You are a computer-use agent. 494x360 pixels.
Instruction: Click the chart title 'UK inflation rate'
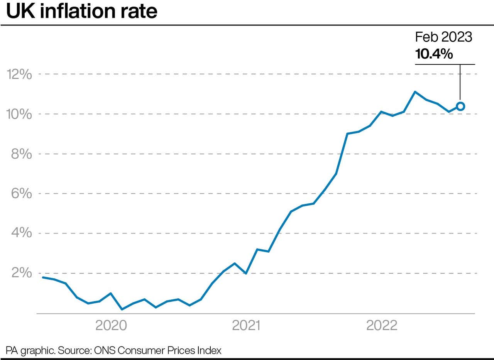click(x=82, y=12)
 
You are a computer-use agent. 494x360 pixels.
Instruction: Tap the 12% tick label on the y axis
click(x=19, y=74)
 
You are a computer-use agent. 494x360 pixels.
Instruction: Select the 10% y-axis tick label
click(x=19, y=114)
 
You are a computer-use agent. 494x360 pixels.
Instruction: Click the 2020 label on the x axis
click(x=111, y=326)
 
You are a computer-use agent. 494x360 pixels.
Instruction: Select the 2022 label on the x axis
click(x=382, y=326)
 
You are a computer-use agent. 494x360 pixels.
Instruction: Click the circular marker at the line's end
click(x=460, y=106)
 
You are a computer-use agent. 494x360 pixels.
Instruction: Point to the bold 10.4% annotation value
click(x=434, y=54)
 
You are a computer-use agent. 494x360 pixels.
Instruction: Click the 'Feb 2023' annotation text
click(x=443, y=37)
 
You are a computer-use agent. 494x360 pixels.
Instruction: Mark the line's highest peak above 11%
click(x=415, y=92)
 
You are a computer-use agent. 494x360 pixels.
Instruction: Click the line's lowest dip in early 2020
click(x=122, y=309)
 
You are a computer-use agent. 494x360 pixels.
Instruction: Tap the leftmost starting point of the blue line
click(x=42, y=277)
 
